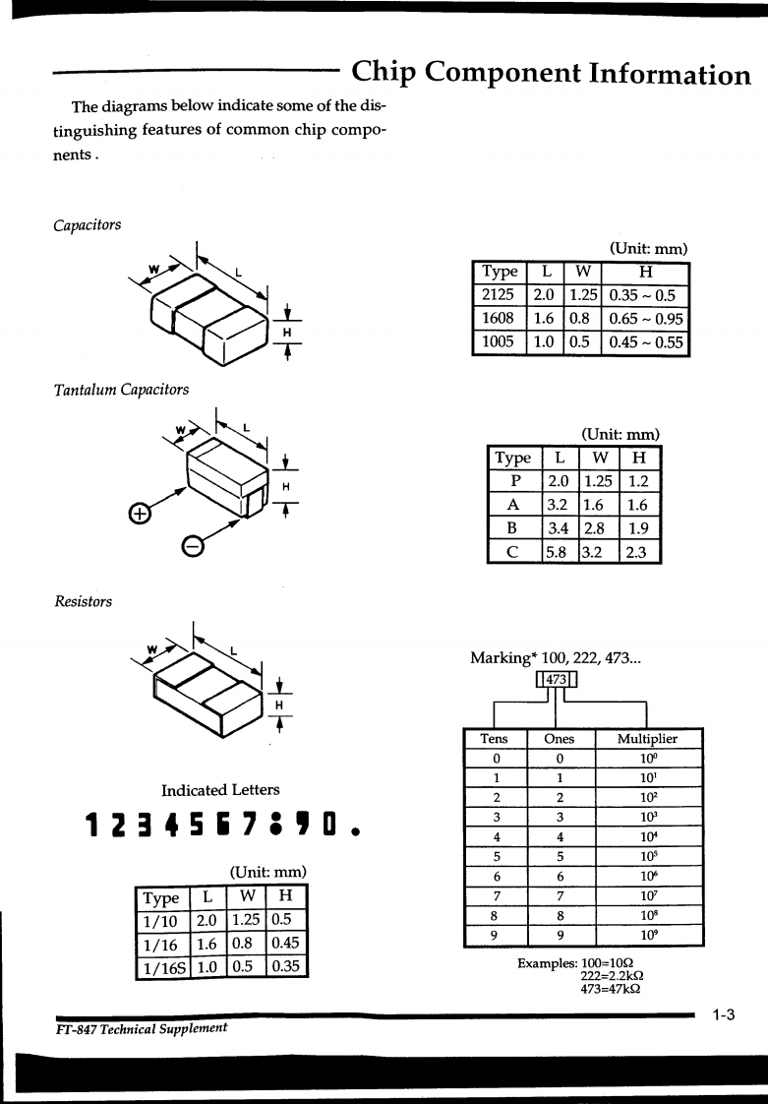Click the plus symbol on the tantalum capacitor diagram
(x=141, y=515)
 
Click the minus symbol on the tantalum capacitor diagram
(x=194, y=547)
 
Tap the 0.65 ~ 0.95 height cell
(x=645, y=319)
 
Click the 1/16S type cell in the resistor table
(x=161, y=967)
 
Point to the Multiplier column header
(x=647, y=739)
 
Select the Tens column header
(x=495, y=739)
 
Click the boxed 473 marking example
(x=557, y=679)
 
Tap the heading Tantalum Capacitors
(x=121, y=390)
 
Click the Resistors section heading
(x=83, y=600)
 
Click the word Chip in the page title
(x=388, y=73)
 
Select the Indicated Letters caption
(x=220, y=790)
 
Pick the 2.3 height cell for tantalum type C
(x=636, y=552)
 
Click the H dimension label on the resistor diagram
(x=279, y=705)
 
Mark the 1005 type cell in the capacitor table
(x=499, y=341)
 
